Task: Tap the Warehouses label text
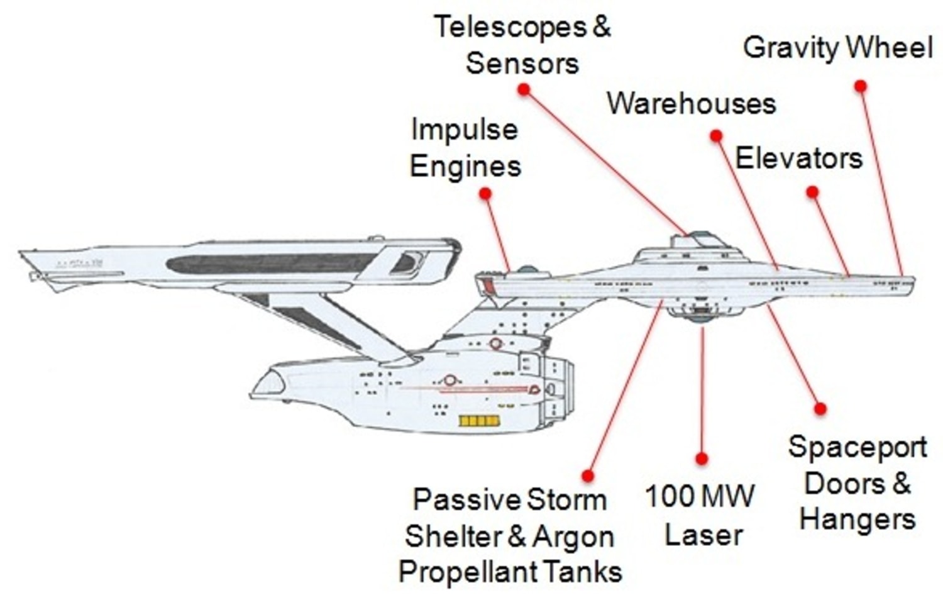coord(691,104)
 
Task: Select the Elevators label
coord(798,158)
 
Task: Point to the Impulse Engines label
coord(465,148)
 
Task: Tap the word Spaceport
coord(857,447)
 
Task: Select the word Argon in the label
coord(572,537)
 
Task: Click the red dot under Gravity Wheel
coord(861,86)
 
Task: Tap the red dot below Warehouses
coord(715,135)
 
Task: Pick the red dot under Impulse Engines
coord(485,193)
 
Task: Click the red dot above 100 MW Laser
coord(702,459)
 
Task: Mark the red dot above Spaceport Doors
coord(820,408)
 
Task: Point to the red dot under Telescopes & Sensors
coord(524,89)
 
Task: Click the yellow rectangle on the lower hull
coord(480,421)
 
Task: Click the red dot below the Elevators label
coord(812,192)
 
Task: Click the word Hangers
coord(857,520)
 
